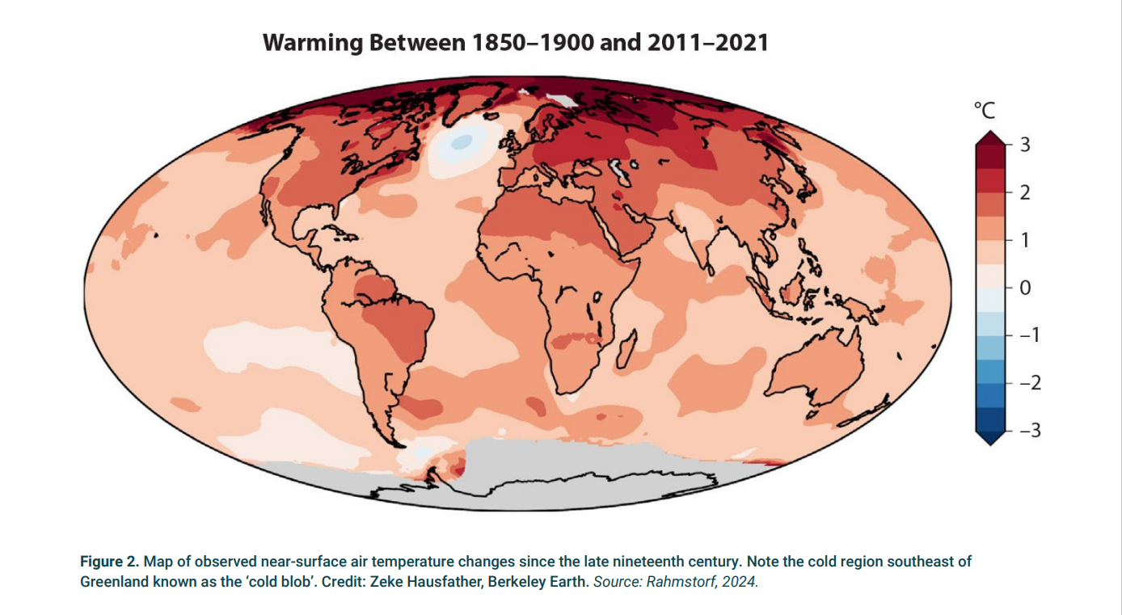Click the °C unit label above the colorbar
click(985, 111)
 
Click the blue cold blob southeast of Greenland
click(459, 143)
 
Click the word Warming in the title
click(313, 43)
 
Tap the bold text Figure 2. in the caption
click(109, 562)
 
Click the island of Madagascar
click(625, 348)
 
